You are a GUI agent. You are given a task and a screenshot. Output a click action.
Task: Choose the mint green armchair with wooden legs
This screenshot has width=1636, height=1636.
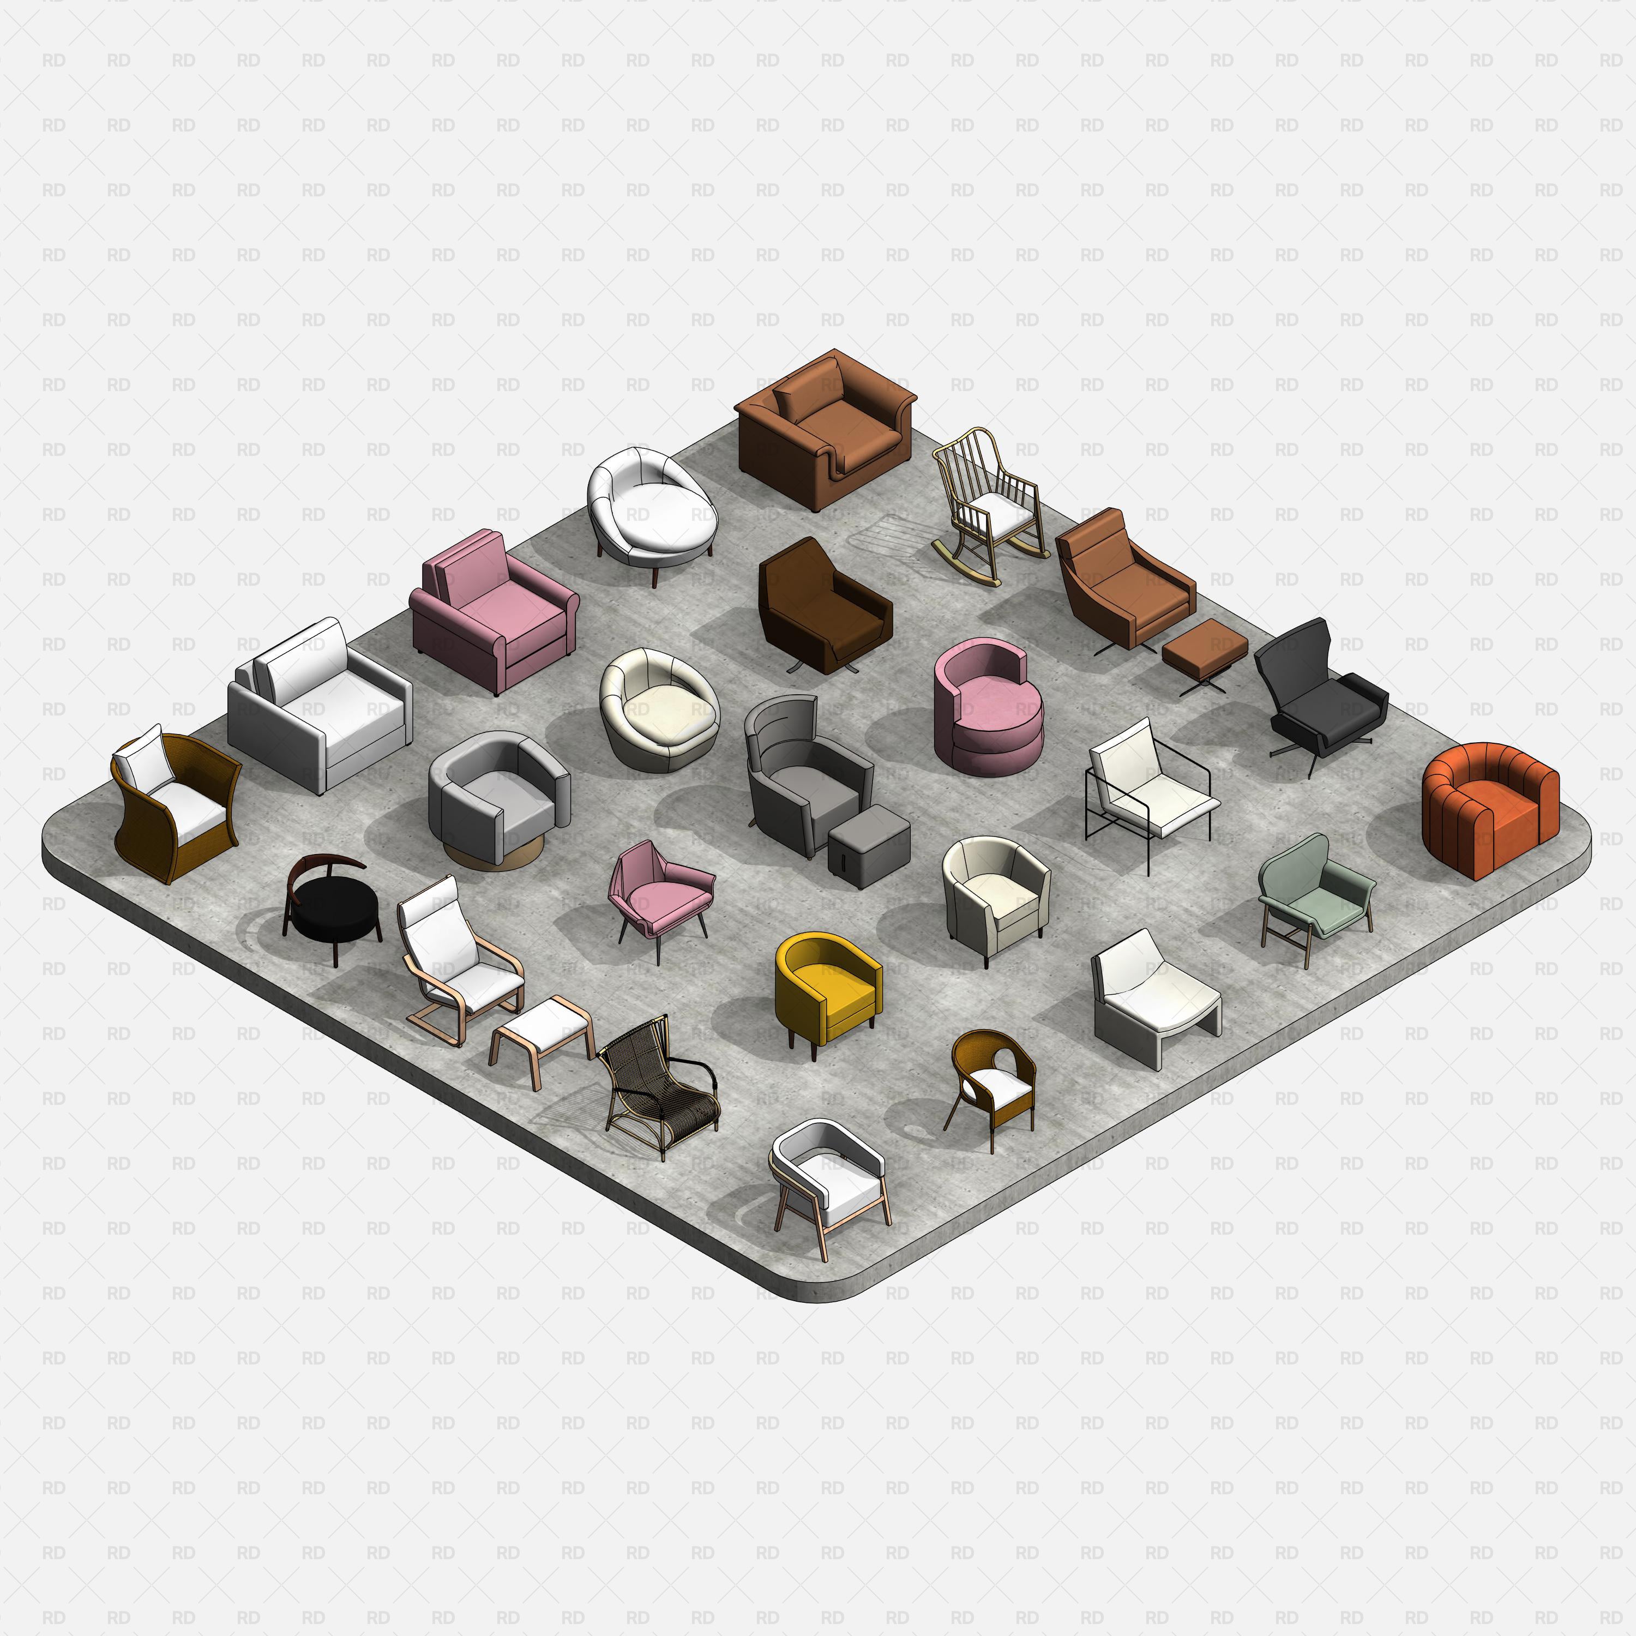pos(1313,893)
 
